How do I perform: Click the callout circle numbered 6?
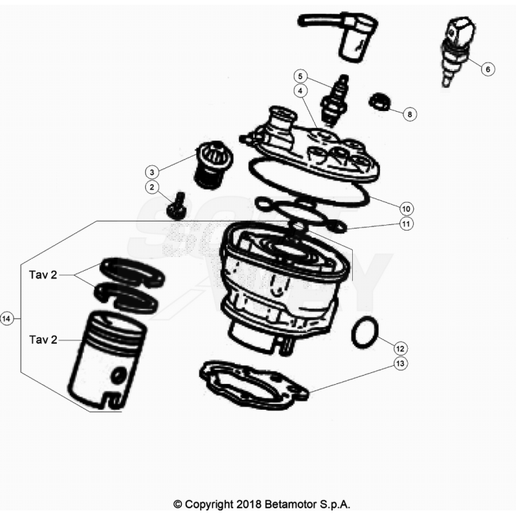tap(488, 69)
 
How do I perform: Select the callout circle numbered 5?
tap(300, 76)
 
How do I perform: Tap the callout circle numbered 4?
tap(300, 91)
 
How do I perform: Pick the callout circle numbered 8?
tap(410, 114)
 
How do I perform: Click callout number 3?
tap(151, 172)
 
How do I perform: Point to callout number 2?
tap(151, 188)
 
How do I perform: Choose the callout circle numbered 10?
tap(406, 208)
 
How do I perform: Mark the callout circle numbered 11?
tap(406, 224)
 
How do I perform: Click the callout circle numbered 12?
tap(400, 349)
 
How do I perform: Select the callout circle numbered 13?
tap(400, 363)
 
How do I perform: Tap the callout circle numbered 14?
tap(6, 319)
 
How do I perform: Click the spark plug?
tap(334, 101)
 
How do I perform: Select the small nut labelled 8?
tap(380, 102)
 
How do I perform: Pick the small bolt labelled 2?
tap(176, 206)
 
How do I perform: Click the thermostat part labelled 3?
tap(214, 165)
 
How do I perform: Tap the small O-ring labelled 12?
tap(365, 333)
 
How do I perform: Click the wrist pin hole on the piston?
tap(118, 376)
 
